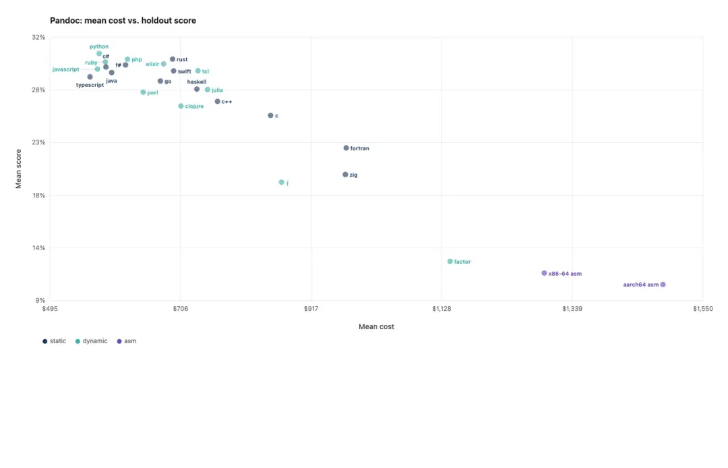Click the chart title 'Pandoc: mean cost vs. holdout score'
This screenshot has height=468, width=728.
(123, 20)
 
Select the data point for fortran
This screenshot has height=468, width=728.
(346, 148)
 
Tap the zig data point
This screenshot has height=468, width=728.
(345, 175)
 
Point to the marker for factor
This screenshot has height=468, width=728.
(450, 262)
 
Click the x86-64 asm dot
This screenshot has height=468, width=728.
(544, 273)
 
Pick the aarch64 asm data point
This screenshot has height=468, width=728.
(663, 285)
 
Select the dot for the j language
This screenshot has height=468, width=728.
(281, 183)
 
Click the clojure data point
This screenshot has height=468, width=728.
(181, 107)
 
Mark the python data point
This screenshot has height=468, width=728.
(99, 54)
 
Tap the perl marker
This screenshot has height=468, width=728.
(143, 92)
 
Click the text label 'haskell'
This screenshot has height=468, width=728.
(197, 82)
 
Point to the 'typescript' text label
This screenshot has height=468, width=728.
(90, 85)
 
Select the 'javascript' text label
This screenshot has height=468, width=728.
(66, 69)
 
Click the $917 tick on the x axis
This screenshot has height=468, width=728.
(311, 309)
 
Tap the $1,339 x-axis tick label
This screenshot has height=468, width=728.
(572, 309)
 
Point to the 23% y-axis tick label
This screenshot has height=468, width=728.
(38, 142)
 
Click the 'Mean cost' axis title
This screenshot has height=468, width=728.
(376, 327)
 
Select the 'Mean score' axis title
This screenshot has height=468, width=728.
(19, 169)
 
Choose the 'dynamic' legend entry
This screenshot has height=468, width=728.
(92, 341)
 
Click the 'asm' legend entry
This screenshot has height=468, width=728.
(127, 341)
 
